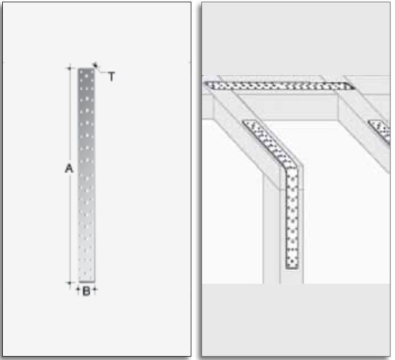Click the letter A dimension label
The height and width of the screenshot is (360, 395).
(69, 168)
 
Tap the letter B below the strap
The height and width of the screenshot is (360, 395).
(86, 291)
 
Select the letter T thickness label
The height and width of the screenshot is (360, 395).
(111, 76)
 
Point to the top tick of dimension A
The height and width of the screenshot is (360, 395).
(70, 68)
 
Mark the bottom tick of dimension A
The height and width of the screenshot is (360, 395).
(70, 283)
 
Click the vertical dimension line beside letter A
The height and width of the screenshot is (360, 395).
(70, 176)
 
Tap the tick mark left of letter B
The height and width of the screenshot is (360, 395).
(78, 289)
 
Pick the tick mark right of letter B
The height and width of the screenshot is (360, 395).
(95, 289)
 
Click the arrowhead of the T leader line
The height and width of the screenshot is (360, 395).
(95, 65)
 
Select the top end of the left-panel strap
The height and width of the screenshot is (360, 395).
(86, 69)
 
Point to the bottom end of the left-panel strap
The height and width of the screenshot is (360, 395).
(86, 281)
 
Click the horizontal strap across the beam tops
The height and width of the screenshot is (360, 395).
(279, 86)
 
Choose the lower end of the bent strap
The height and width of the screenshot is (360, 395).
(292, 267)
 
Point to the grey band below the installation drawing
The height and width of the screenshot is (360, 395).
(296, 320)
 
